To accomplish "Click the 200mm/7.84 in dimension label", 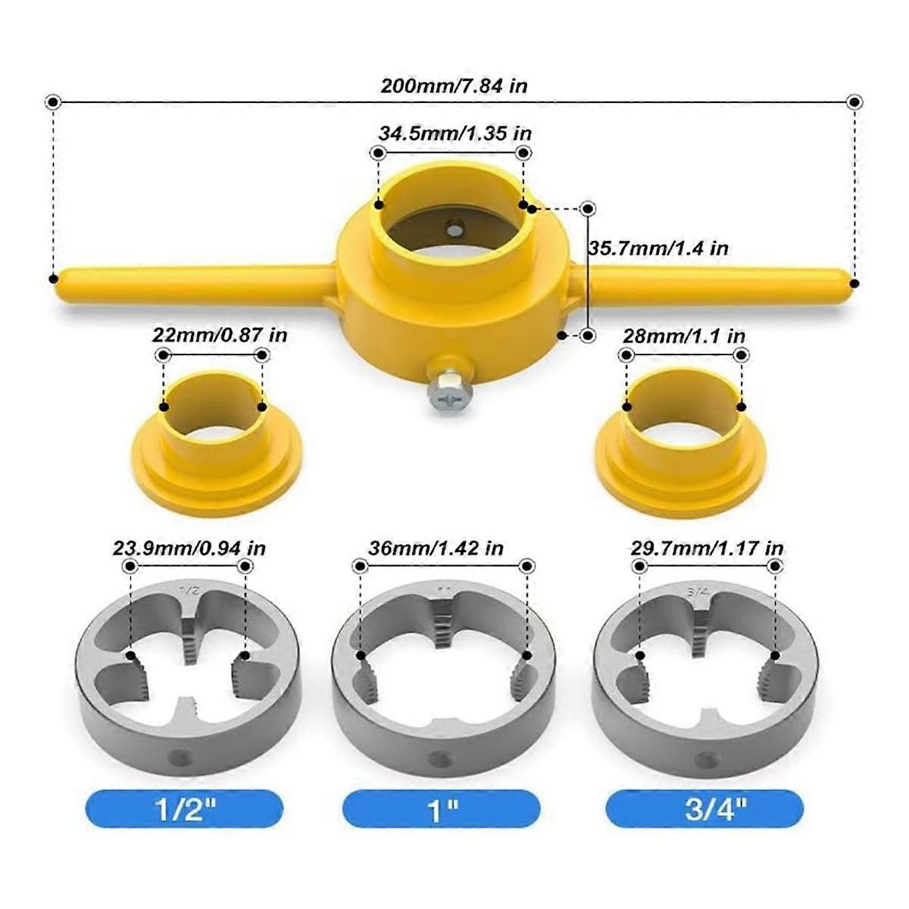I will [x=454, y=86].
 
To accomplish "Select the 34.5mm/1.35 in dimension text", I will [x=455, y=133].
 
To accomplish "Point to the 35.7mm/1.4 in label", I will [x=658, y=248].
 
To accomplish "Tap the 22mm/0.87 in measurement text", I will [x=220, y=335].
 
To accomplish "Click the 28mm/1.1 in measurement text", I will [x=683, y=336].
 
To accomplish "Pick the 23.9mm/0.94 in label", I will [x=189, y=548].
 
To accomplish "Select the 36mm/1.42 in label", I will [x=436, y=548].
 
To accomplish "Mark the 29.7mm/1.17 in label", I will [x=707, y=548].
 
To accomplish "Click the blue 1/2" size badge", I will [x=184, y=809].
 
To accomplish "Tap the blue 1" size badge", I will [x=443, y=809].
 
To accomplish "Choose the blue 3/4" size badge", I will [x=704, y=809].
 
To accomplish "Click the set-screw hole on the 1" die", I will [x=437, y=758].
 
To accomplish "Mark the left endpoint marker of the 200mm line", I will [x=52, y=102].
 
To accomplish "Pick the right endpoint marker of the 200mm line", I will [x=854, y=102].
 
